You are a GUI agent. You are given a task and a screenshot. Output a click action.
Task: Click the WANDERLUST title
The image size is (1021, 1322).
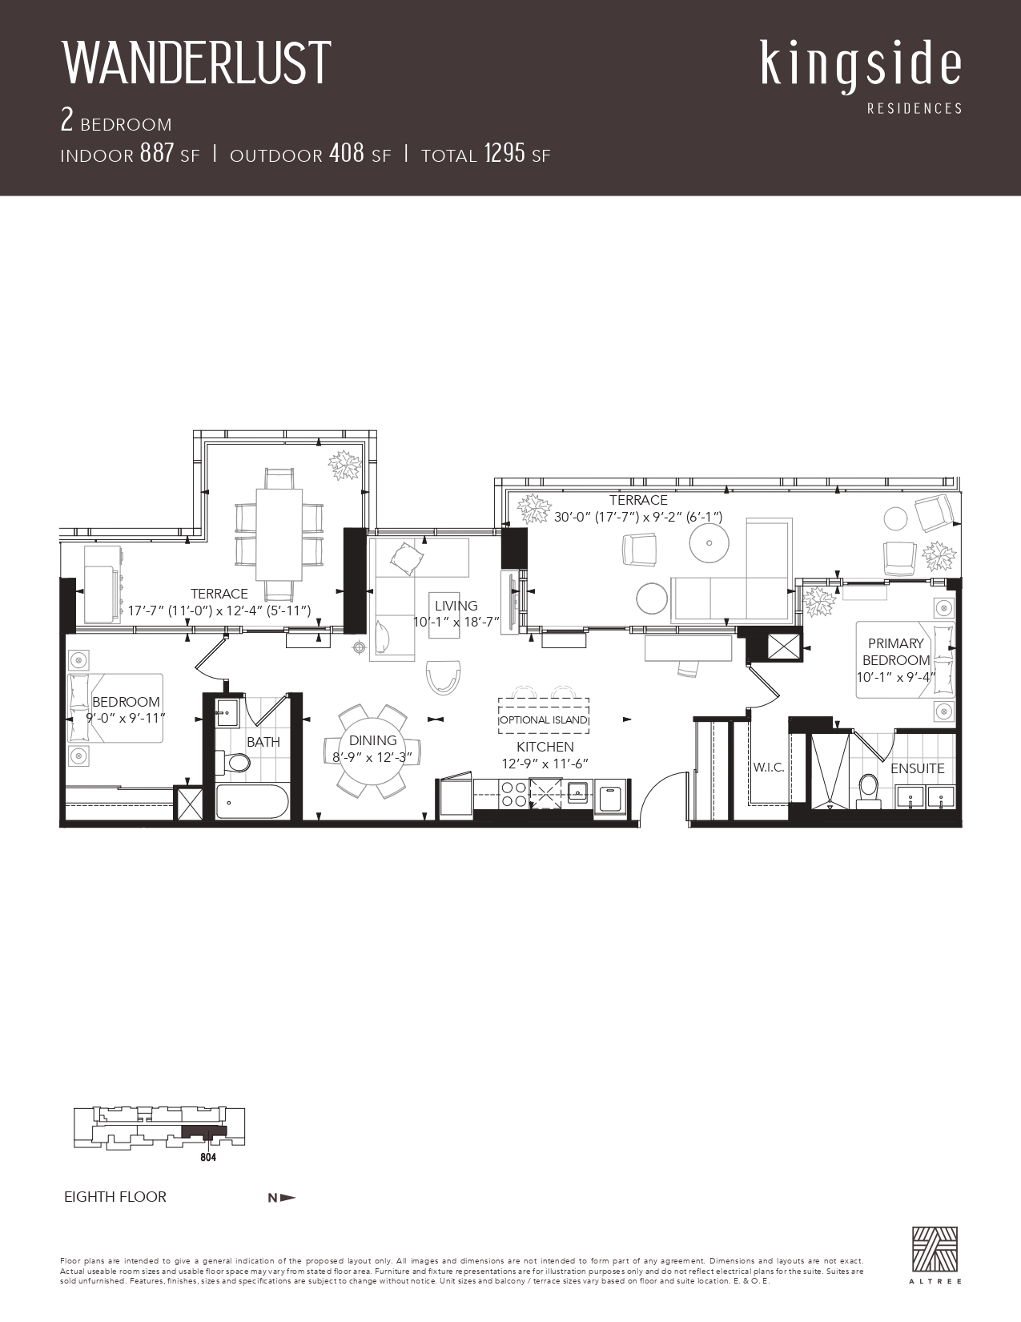tap(197, 63)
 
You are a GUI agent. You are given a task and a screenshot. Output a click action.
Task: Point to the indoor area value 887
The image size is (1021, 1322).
tap(157, 153)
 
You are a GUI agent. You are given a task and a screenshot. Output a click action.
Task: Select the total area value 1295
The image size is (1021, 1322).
tap(504, 153)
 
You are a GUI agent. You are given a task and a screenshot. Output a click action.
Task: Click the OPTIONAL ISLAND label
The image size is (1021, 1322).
tap(544, 720)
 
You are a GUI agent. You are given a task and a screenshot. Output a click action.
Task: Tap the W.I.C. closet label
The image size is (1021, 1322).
tap(769, 768)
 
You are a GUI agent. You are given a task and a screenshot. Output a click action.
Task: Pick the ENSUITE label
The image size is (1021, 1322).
tap(917, 768)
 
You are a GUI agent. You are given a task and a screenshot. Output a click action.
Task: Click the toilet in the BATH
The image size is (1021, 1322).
tap(233, 763)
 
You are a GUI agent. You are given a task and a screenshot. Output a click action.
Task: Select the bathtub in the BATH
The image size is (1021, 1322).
tap(252, 801)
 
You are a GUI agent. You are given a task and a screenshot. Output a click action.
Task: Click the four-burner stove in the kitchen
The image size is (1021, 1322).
tap(513, 794)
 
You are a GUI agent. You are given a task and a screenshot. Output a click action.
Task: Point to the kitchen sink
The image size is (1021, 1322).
tap(577, 791)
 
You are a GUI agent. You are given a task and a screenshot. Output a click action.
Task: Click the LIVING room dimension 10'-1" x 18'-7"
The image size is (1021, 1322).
tap(456, 622)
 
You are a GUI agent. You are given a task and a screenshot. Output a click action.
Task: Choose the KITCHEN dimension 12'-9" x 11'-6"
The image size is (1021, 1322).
tap(545, 764)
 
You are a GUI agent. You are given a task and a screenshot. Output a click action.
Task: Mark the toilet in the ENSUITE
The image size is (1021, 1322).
tap(868, 791)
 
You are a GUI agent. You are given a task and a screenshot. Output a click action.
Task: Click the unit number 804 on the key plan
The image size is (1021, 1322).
tap(208, 1157)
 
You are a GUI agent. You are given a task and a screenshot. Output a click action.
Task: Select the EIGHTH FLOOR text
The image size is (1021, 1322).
tap(115, 1197)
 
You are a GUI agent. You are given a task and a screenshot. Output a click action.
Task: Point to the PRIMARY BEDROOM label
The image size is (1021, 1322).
tap(896, 651)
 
